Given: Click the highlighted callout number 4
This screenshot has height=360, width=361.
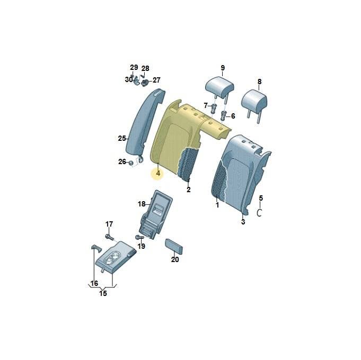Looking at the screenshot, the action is [158, 173].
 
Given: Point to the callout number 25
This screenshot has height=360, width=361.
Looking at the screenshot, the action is [122, 138].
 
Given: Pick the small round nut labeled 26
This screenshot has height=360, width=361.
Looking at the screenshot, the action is [130, 163].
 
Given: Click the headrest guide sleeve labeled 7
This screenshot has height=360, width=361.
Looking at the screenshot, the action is [214, 109].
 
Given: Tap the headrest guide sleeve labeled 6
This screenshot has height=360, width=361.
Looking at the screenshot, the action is [223, 115].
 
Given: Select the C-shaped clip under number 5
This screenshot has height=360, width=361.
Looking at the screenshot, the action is [259, 212].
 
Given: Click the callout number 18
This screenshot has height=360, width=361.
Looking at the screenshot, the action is [142, 204].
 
